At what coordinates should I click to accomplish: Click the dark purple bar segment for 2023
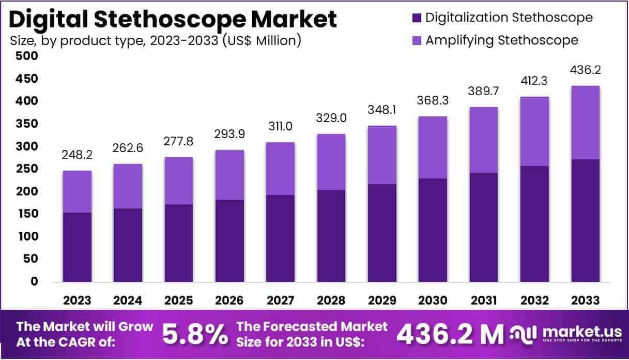pos(77,247)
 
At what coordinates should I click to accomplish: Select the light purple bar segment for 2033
pos(585,123)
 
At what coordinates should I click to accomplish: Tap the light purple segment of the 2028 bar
pos(331,162)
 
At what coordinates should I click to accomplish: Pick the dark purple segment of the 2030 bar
pos(433,230)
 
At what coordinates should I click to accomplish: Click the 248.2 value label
pos(77,155)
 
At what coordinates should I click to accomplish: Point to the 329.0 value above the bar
pos(331,118)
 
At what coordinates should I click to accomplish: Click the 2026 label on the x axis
pos(229,301)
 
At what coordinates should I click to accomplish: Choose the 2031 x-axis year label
pos(483,301)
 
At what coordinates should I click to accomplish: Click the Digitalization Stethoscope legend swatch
pos(416,18)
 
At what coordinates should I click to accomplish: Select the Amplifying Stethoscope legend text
pos(501,40)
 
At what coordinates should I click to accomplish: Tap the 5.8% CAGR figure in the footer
pos(195,335)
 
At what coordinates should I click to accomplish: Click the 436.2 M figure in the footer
pos(449,335)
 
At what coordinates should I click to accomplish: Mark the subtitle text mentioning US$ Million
pos(155,40)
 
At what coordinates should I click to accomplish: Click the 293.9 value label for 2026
pos(229,134)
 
